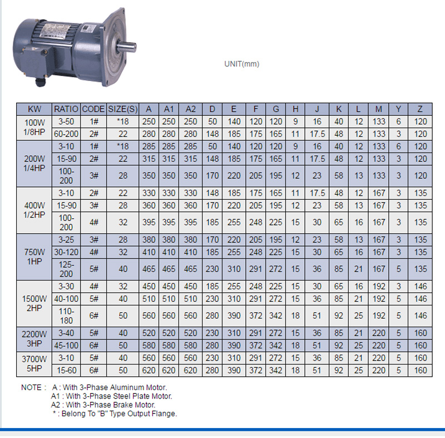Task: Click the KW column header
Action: tap(34, 109)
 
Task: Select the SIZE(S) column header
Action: tap(123, 109)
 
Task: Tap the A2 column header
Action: tap(190, 109)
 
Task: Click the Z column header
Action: tap(420, 109)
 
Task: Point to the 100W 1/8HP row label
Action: tap(34, 127)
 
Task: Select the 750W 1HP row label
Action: tap(34, 257)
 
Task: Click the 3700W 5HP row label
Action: tap(34, 364)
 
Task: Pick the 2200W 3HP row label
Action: tap(34, 339)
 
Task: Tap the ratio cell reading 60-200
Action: tap(66, 134)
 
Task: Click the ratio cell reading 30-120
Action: tap(66, 252)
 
